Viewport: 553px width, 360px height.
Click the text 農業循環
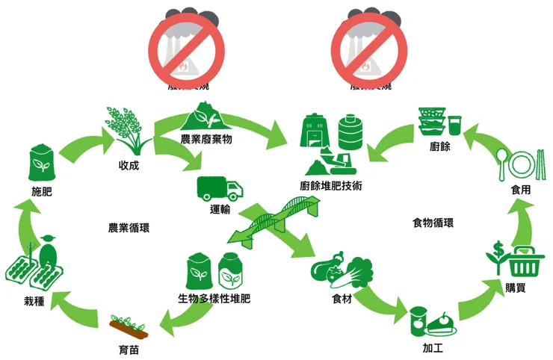click(x=129, y=226)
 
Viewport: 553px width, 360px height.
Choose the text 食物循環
click(x=434, y=223)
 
